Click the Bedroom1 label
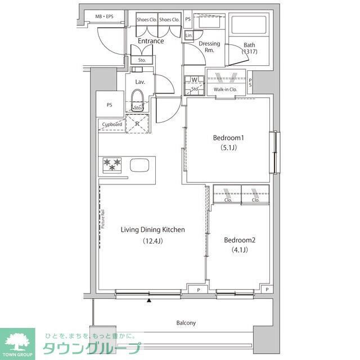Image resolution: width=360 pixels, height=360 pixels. pos(228,138)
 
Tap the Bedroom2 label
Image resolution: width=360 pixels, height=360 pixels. pos(240,240)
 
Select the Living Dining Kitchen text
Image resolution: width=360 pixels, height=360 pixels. pos(152,229)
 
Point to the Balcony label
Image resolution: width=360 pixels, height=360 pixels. pos(186,323)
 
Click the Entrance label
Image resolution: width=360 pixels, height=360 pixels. pos(151,41)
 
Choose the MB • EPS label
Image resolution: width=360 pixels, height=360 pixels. pos(104,17)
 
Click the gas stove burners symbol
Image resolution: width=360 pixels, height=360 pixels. pos(112,165)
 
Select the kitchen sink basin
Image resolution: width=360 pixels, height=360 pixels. pos(140,165)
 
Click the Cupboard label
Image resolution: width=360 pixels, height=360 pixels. pos(112,124)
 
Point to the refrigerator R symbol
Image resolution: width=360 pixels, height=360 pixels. pos(137,123)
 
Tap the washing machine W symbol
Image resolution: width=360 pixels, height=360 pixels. pos(194,80)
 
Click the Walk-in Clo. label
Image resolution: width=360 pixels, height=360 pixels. pos(225,89)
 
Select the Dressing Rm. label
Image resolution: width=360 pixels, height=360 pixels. pos(209,47)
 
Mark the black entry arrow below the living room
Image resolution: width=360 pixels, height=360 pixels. pos(149,301)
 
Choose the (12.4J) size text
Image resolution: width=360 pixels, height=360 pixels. pos(152,241)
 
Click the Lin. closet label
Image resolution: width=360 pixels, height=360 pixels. pos(188,35)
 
